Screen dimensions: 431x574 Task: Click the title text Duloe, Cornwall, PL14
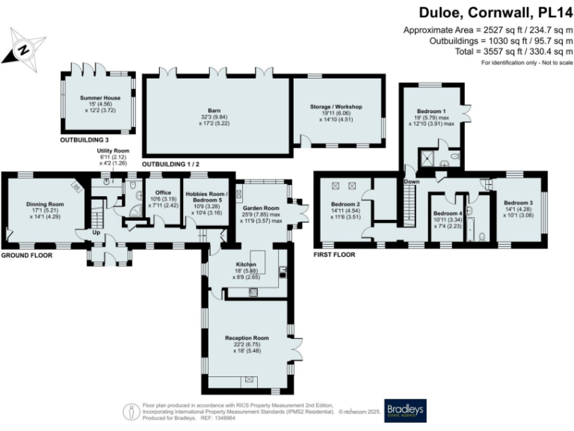[493, 13]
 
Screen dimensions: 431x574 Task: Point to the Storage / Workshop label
[336, 107]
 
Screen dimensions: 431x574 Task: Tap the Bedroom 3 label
[517, 203]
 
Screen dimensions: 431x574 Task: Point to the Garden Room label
[260, 208]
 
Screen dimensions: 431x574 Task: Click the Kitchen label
[246, 265]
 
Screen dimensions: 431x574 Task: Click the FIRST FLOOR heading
[334, 254]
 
